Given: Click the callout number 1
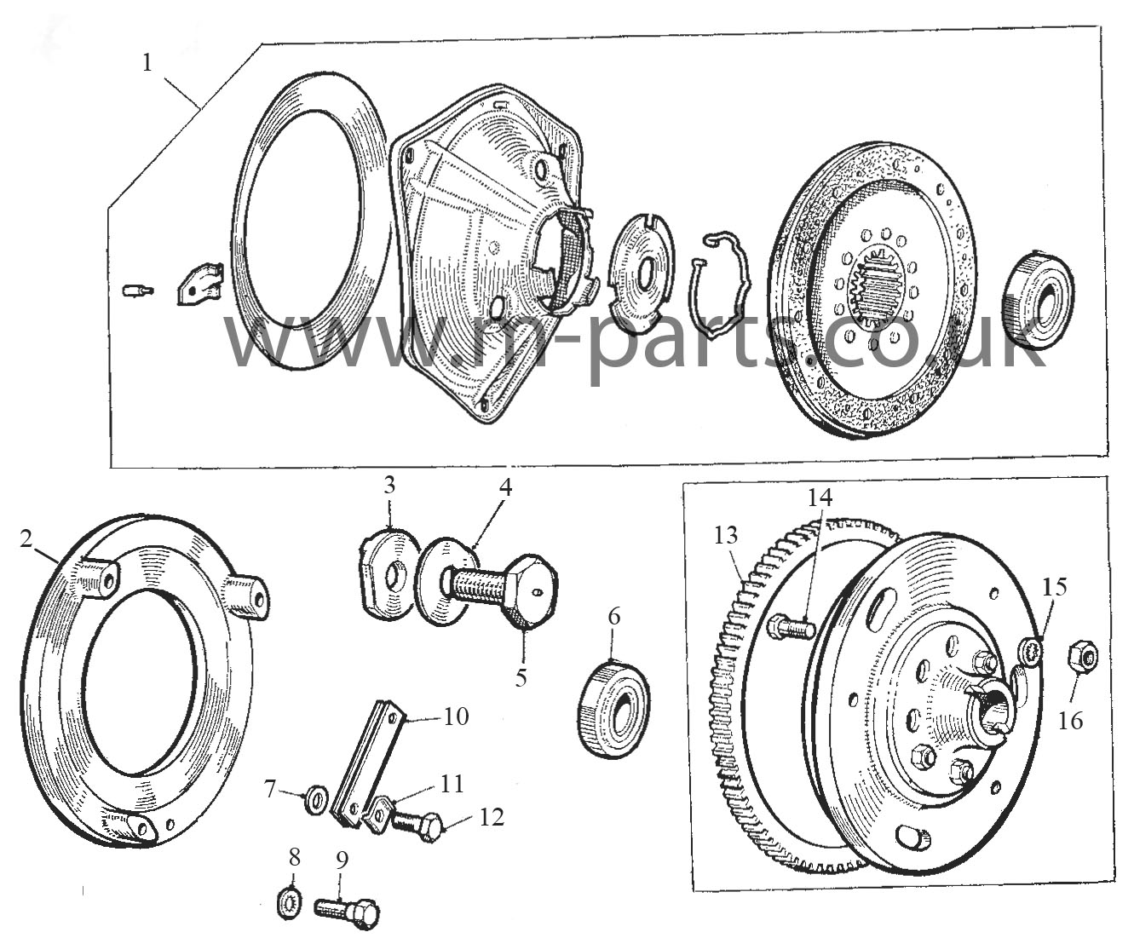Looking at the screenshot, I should (x=147, y=63).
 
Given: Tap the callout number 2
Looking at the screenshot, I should (x=26, y=538).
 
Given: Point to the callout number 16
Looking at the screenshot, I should (x=1070, y=721).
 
